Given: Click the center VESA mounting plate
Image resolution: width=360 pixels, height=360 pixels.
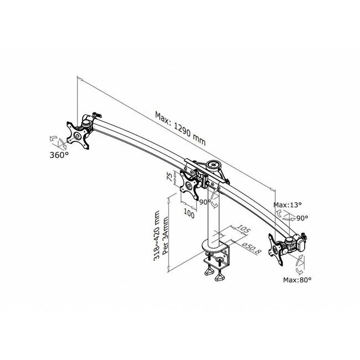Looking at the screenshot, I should [190, 186].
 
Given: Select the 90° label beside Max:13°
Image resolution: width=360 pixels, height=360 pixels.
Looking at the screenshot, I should [302, 218].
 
